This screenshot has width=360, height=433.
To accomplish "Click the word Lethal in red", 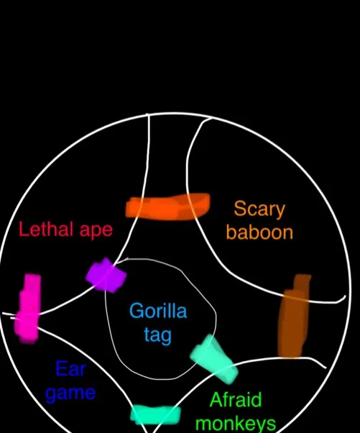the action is [47, 229].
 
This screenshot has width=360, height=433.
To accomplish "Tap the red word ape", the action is [96, 231].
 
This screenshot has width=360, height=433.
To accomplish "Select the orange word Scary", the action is [259, 209].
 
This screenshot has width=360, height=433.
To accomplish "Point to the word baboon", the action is [259, 232].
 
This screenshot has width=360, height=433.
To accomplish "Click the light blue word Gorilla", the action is [158, 311].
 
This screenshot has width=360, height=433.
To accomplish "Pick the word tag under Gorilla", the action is [158, 335].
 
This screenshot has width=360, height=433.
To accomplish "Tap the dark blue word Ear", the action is [71, 369].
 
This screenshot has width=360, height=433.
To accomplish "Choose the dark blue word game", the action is [70, 393].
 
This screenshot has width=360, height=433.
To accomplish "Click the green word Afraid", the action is [236, 399].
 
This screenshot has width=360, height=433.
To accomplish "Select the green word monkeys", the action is [236, 424].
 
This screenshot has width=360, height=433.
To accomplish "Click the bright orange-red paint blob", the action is [167, 206].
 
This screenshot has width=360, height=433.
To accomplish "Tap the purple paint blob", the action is [106, 275].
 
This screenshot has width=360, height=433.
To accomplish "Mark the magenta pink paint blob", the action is [28, 309].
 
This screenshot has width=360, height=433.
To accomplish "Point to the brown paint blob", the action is [293, 316].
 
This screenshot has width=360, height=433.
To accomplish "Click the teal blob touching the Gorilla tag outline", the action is [214, 358].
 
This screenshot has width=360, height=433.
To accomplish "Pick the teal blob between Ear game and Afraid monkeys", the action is [156, 414].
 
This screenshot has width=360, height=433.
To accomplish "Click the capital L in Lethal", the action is [23, 229].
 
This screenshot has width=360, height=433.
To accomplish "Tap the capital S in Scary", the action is [240, 209].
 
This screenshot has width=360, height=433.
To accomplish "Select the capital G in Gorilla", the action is [137, 311].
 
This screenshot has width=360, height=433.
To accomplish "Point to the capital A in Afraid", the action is [217, 399].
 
